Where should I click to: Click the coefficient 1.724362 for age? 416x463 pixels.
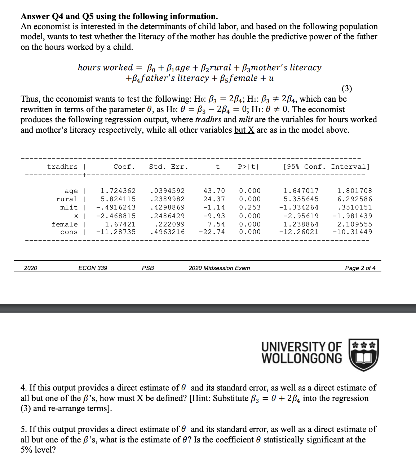[x=118, y=191]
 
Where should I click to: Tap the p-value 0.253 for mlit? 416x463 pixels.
[x=249, y=207]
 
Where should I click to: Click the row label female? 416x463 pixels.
[x=65, y=224]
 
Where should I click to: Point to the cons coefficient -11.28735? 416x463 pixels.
[x=116, y=232]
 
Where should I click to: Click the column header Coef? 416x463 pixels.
[x=124, y=167]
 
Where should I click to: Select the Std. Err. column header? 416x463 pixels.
[x=168, y=167]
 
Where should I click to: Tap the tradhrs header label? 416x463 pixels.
[x=62, y=167]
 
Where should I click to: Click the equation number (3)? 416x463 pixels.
[x=346, y=88]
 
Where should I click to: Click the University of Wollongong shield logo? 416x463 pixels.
[x=364, y=355]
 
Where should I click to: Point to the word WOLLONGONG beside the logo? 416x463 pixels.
[x=302, y=358]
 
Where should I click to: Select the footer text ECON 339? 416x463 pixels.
[x=93, y=268]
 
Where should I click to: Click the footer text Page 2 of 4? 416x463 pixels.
[x=360, y=268]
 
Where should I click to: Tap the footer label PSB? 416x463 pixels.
[x=148, y=268]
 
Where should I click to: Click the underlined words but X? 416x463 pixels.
[x=244, y=130]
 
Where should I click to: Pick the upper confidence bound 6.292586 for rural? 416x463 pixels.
[x=354, y=199]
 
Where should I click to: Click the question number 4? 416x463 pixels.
[x=23, y=388]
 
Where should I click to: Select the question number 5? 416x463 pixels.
[x=23, y=429]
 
